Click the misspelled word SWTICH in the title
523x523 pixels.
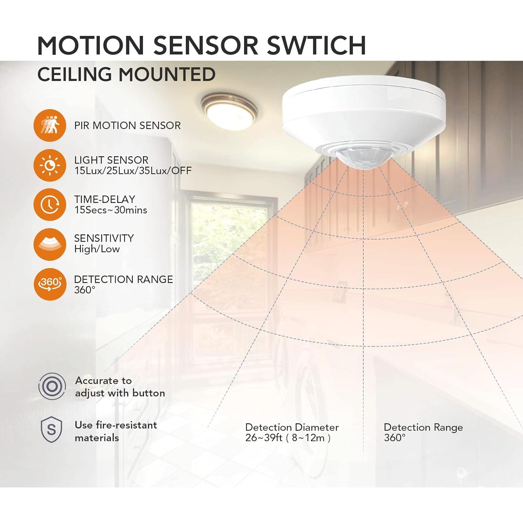click(x=316, y=45)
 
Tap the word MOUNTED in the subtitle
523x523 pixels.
click(x=167, y=75)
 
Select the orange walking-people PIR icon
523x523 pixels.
click(x=50, y=126)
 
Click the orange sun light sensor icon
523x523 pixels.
click(x=50, y=165)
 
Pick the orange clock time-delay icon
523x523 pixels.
click(x=50, y=205)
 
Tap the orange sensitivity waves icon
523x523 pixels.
click(x=50, y=244)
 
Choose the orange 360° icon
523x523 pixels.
click(x=50, y=284)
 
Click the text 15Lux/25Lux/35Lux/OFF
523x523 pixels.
click(x=133, y=171)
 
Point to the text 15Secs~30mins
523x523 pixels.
click(x=111, y=210)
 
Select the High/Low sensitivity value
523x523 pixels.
click(x=97, y=249)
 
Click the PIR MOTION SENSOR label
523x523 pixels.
click(x=127, y=126)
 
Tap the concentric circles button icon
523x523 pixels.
click(x=52, y=386)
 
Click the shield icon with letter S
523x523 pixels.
click(x=51, y=431)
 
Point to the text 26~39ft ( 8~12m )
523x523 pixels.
click(x=288, y=438)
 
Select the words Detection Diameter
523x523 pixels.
click(x=292, y=427)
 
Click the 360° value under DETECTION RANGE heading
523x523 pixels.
click(x=85, y=290)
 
